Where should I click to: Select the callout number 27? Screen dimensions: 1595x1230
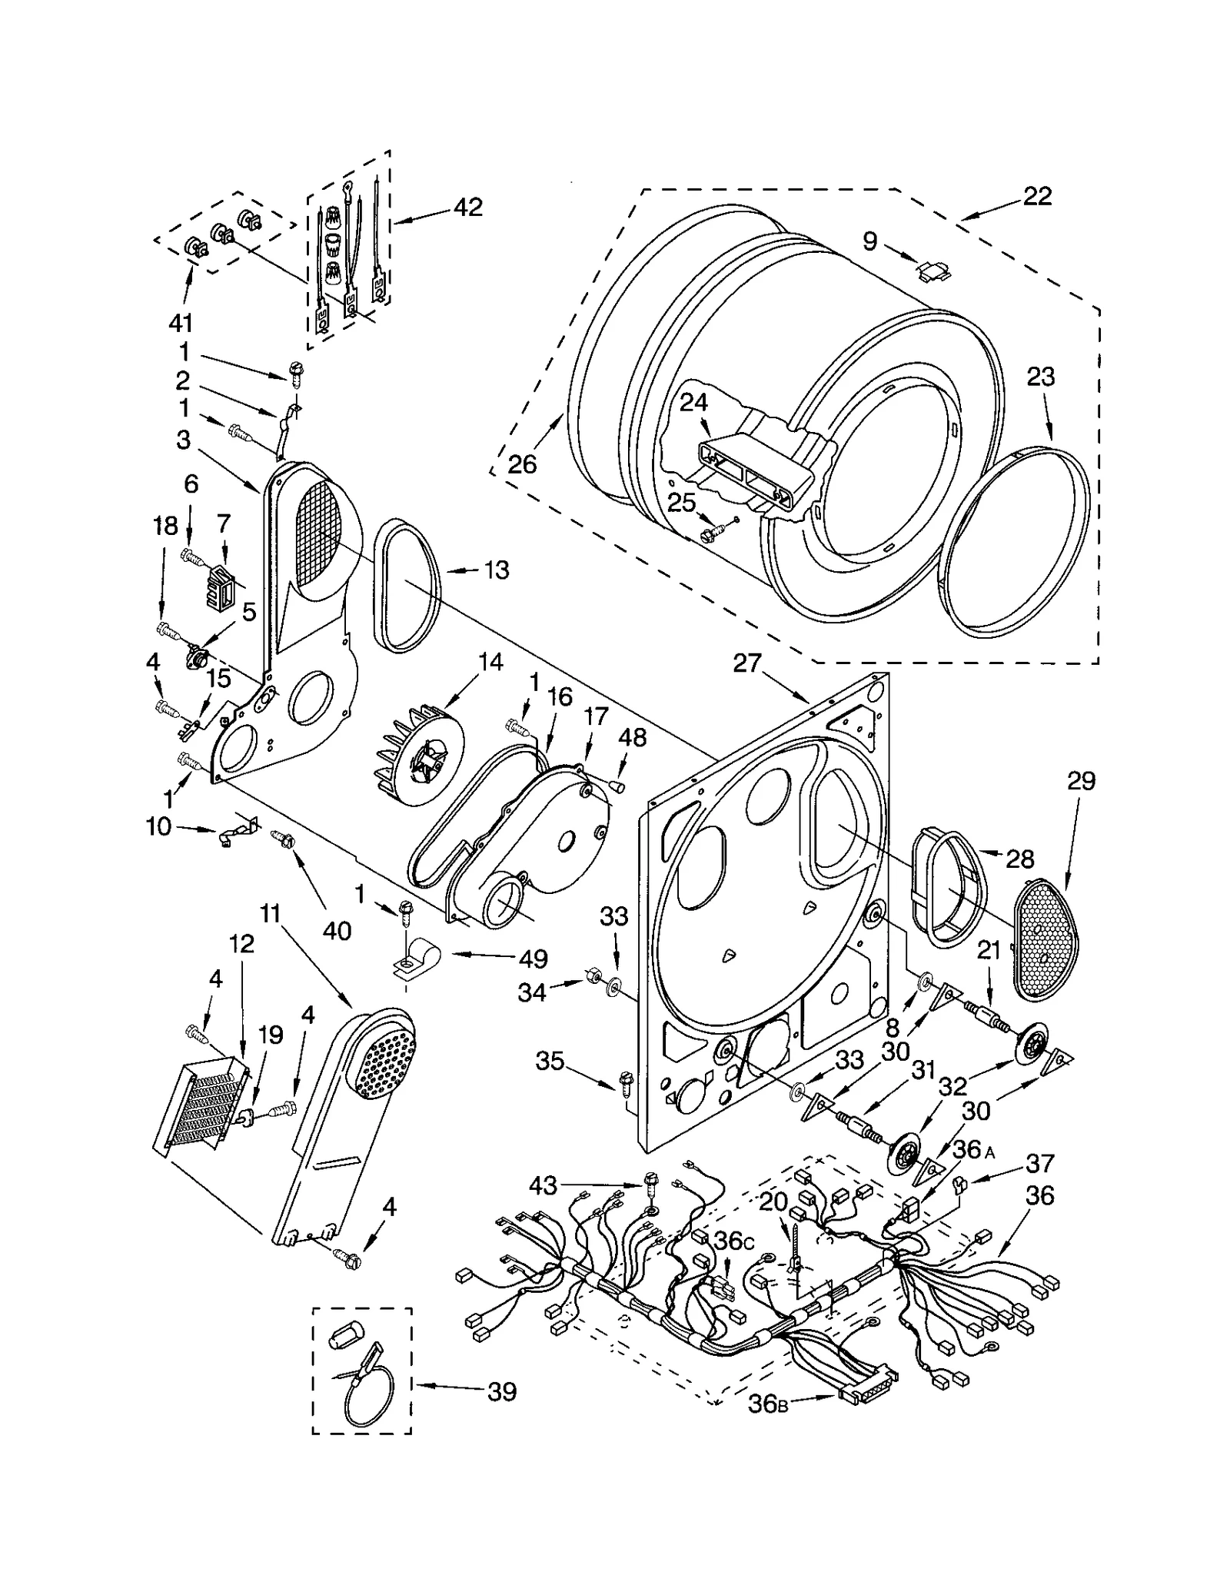(746, 662)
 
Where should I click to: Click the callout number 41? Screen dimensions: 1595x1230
(181, 323)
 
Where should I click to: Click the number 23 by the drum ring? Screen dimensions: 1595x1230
(1040, 377)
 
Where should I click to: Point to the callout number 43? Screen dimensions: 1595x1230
(543, 1186)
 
